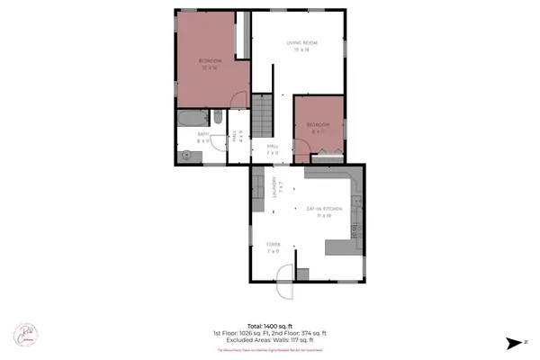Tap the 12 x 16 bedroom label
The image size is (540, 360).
point(209,63)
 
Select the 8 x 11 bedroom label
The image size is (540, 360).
point(318,126)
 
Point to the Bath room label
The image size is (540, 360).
point(204,137)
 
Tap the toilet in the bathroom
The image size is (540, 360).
point(218,116)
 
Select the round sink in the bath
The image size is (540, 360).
point(186,154)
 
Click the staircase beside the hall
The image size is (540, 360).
point(260,114)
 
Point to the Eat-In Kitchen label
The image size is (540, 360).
point(319,212)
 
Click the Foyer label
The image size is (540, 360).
point(274,247)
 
